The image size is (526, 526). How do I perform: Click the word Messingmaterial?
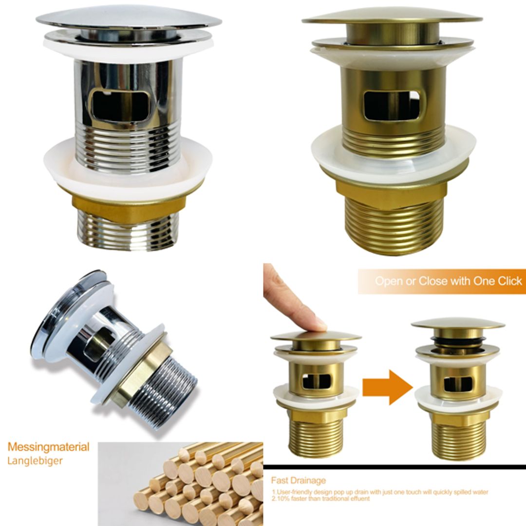click(48, 447)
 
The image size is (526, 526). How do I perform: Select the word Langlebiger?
click(35, 461)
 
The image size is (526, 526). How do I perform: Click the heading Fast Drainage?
click(298, 481)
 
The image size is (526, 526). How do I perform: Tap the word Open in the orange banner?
click(389, 281)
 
